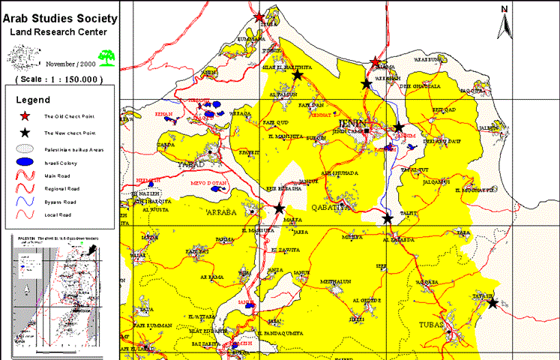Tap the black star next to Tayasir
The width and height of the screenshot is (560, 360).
(x=492, y=304)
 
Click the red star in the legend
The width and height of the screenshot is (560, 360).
(x=25, y=116)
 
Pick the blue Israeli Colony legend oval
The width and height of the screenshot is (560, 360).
(x=25, y=161)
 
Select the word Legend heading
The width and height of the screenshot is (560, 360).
(x=33, y=100)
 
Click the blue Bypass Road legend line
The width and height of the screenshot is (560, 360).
(x=25, y=202)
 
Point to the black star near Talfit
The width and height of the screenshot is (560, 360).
(x=387, y=218)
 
